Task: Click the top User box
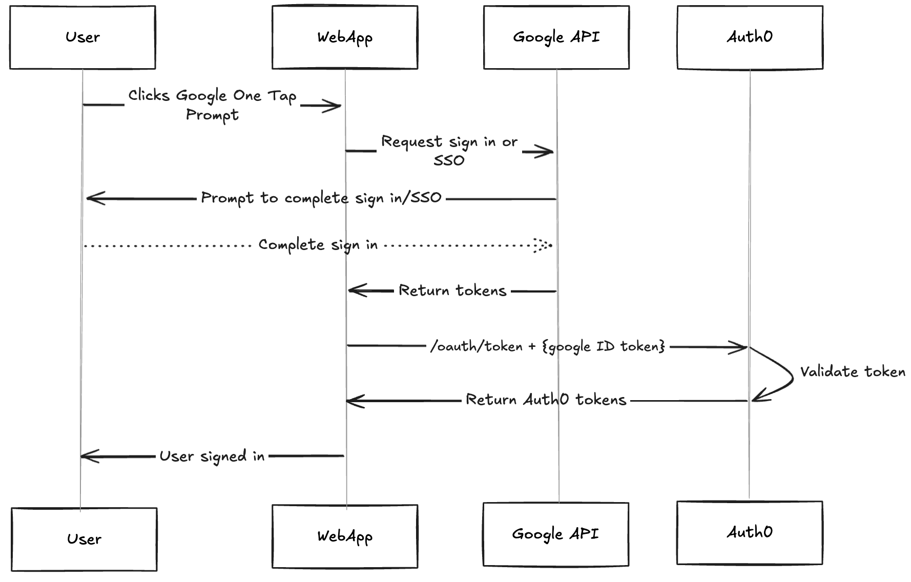pos(82,37)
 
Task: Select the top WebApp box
pos(345,37)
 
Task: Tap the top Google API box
pos(556,37)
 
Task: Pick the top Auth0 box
pos(750,37)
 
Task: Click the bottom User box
pos(84,539)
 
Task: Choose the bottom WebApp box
pos(345,536)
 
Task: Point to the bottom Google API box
pos(556,534)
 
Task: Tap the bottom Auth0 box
pos(750,533)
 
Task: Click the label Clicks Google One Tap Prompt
pos(212,105)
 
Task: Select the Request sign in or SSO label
pos(449,150)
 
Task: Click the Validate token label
pos(853,371)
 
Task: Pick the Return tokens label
pos(452,290)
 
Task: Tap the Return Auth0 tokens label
pos(546,400)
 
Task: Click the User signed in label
pos(212,456)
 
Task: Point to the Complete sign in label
pos(318,245)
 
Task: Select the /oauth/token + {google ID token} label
pos(547,347)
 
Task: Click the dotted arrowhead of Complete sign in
pos(542,245)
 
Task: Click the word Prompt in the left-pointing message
pos(227,198)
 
